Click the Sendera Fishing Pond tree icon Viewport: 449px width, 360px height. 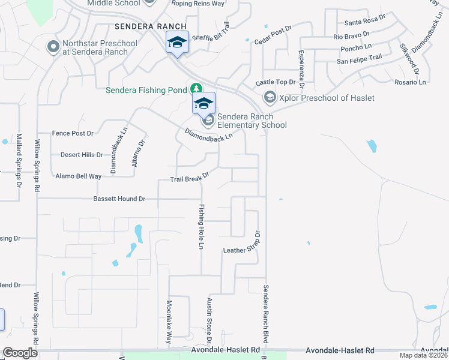pos(196,89)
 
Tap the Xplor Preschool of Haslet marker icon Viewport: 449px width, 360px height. pos(270,97)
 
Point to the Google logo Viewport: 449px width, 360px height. pos(20,353)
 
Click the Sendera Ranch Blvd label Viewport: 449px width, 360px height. pos(265,318)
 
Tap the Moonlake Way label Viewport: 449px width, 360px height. pos(169,320)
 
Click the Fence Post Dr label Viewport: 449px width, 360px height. pos(73,133)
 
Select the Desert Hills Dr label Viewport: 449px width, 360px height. pos(82,155)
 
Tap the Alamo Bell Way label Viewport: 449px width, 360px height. pos(78,176)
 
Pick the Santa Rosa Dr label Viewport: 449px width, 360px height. pos(365,22)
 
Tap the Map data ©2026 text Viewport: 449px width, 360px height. pos(423,356)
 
